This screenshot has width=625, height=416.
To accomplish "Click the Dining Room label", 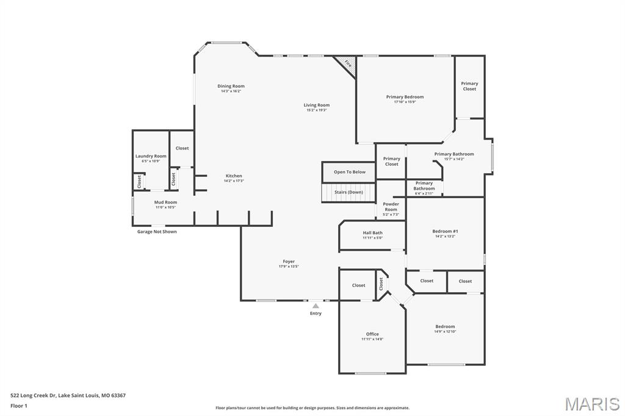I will [x=231, y=86].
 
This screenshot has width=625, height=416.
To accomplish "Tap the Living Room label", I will [x=316, y=105].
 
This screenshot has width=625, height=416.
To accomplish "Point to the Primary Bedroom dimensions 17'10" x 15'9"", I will [x=405, y=102].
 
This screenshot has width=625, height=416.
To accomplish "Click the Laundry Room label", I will [x=150, y=156].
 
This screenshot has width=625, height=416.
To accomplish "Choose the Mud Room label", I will [x=165, y=202].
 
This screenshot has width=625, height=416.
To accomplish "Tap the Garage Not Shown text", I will [x=157, y=232].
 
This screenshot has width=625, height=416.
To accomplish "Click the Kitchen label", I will [x=233, y=176].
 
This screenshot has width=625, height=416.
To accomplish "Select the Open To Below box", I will [x=349, y=172].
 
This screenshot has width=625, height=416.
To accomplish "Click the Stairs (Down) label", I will [x=349, y=192].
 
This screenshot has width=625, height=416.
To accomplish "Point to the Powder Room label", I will [x=391, y=207].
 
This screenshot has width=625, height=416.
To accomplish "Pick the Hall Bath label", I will [x=372, y=232].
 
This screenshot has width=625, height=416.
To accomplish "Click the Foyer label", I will [x=289, y=262].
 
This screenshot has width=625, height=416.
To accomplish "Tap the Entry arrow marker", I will [x=316, y=306].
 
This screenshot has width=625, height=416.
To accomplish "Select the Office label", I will [x=372, y=334].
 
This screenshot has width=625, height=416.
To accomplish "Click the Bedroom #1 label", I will [x=445, y=231].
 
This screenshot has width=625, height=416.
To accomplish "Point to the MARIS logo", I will [x=591, y=404].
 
